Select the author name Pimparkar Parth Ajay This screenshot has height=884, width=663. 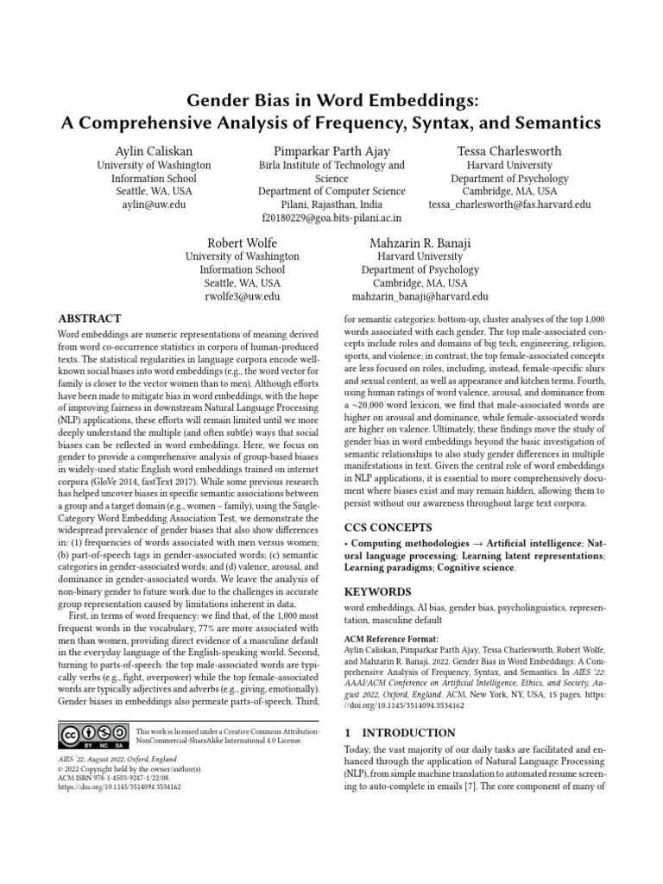point(331,150)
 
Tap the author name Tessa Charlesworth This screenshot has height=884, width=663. point(509,150)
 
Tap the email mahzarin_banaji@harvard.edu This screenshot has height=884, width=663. point(420,296)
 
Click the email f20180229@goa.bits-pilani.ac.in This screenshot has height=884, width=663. point(331,219)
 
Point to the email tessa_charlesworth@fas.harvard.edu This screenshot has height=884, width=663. point(509,205)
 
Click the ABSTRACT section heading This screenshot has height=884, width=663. point(89,319)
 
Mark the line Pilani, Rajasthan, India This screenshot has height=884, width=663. point(331,205)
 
